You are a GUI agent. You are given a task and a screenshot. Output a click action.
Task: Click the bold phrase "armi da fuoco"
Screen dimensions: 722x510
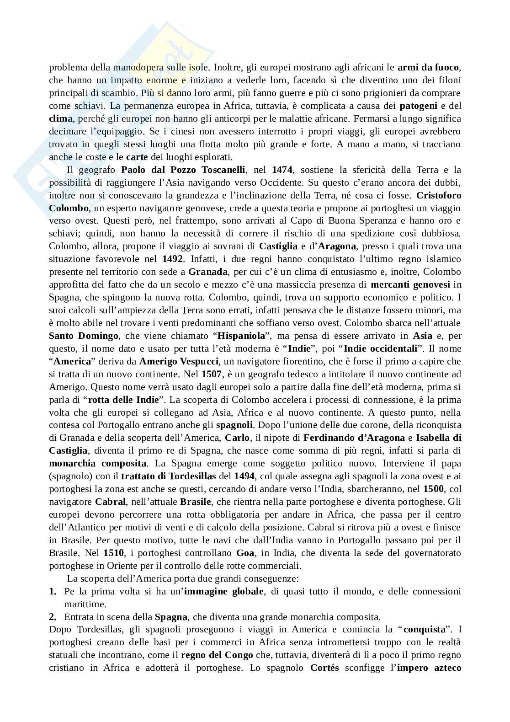click(428, 68)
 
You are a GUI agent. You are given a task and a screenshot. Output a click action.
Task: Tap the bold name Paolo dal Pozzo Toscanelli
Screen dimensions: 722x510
click(183, 170)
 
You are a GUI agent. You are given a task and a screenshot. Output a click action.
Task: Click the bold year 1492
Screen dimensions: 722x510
click(173, 259)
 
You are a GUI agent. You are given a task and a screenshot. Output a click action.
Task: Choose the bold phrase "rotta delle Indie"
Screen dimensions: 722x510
click(123, 400)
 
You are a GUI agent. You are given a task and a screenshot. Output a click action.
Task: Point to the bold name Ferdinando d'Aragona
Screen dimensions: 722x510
click(354, 439)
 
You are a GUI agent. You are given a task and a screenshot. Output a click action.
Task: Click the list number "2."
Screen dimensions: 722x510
click(53, 617)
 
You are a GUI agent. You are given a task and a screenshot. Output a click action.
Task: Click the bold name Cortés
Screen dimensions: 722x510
click(324, 669)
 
